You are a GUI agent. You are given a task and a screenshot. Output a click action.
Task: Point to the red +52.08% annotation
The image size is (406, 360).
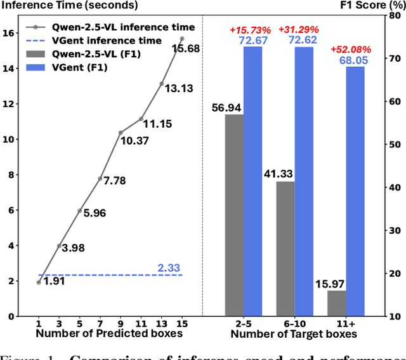(x=347, y=50)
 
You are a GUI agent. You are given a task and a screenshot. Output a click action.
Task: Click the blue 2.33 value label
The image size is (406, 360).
(x=169, y=269)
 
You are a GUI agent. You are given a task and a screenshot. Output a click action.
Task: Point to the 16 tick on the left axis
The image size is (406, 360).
(x=8, y=33)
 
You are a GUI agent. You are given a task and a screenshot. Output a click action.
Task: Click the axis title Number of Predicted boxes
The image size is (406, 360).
(x=101, y=334)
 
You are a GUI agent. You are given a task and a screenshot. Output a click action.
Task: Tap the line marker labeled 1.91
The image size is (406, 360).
(x=39, y=283)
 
